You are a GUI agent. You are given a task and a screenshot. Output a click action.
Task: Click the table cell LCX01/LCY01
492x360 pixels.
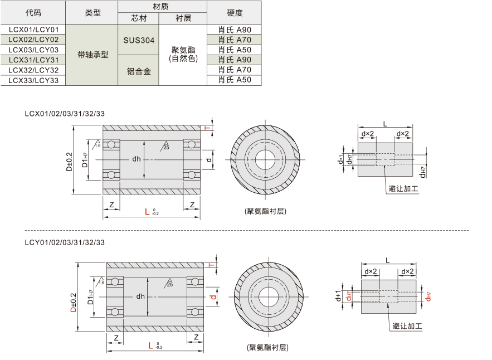point(33,30)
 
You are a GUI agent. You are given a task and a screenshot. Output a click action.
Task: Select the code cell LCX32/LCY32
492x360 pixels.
point(33,70)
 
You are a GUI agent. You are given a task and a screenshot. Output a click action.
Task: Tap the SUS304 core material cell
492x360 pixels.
point(139,40)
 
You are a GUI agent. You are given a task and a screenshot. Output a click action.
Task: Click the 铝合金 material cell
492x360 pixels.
point(139,71)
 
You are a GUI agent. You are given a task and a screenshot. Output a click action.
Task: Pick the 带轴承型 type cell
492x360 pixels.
point(92,55)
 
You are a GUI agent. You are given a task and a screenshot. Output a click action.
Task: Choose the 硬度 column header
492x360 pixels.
point(235,13)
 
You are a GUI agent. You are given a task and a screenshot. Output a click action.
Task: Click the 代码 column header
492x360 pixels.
point(33,13)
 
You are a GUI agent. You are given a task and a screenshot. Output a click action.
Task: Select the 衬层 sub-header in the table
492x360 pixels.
point(183,18)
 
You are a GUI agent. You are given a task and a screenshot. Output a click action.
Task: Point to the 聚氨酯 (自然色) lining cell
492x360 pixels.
point(183,54)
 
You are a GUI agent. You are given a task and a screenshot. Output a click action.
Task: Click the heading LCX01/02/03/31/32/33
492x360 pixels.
point(65,114)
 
